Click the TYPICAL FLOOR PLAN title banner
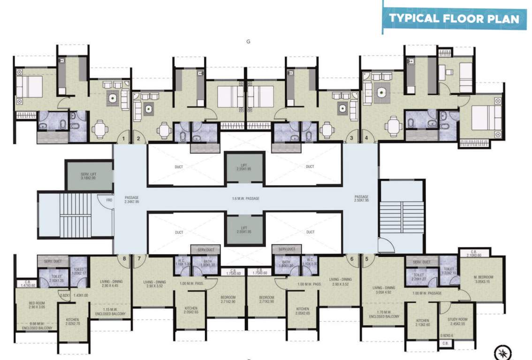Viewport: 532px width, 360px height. (454, 19)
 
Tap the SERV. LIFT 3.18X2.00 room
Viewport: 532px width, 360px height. (89, 176)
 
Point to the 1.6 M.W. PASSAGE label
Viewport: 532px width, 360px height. (245, 199)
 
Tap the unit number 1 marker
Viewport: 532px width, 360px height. (124, 138)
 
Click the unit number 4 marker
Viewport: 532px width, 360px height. (366, 138)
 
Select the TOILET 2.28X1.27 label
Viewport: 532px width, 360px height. (418, 277)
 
